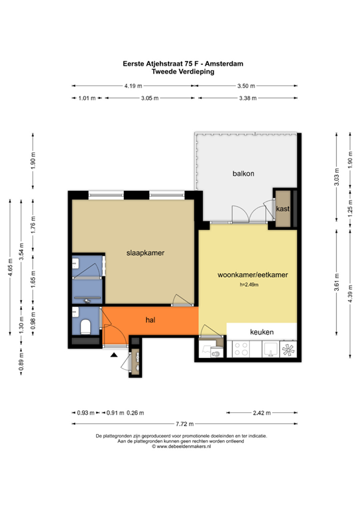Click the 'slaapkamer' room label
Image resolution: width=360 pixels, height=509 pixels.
145,253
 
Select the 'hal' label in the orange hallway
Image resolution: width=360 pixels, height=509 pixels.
150,320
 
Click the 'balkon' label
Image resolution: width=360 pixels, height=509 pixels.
243,174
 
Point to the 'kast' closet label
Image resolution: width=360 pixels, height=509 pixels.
283,208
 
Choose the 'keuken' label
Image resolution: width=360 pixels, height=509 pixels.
261,331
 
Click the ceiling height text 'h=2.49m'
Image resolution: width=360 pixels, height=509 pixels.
249,285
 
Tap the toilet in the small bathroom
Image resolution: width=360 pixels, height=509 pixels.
84,325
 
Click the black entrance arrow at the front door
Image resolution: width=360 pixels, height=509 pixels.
114,356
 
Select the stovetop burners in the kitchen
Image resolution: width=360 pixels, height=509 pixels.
239,349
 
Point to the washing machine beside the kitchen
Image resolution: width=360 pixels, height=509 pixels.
213,352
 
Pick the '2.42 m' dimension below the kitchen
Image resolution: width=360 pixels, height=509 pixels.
261,413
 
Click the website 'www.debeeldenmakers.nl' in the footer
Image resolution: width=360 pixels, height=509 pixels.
183,447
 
